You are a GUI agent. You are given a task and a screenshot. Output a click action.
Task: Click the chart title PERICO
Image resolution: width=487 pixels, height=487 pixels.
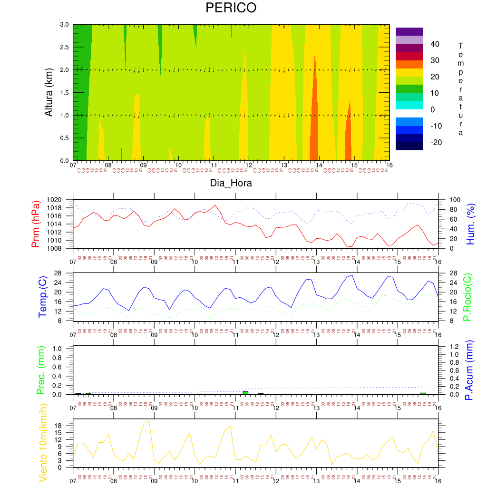[231, 8]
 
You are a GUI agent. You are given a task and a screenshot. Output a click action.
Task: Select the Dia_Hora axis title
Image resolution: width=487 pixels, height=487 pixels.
[231, 183]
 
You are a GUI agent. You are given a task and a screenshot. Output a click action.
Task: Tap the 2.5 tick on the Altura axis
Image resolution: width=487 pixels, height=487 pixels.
[63, 47]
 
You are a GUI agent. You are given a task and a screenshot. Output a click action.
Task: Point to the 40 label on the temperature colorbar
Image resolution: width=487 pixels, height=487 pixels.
[435, 44]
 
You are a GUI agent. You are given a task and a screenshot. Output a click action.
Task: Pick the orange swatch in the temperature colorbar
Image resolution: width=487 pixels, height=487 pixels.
[409, 64]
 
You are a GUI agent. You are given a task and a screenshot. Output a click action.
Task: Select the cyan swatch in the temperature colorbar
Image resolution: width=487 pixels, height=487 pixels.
[409, 105]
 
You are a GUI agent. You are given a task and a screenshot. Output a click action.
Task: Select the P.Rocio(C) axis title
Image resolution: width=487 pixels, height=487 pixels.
[468, 296]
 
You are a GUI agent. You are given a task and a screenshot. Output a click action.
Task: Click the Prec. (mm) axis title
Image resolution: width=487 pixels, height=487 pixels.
[41, 370]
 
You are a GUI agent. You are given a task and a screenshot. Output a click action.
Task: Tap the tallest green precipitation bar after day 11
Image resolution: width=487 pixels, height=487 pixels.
[245, 392]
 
